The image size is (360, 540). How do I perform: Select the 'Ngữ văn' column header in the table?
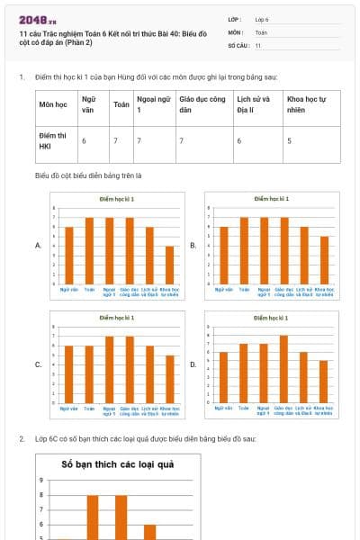[x=88, y=103]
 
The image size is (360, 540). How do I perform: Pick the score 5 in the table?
[x=289, y=141]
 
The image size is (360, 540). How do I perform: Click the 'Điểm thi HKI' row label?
[x=48, y=140]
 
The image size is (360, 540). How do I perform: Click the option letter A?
[x=37, y=245]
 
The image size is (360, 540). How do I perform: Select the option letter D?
[x=193, y=364]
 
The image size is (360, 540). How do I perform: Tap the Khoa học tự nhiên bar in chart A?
[x=169, y=265]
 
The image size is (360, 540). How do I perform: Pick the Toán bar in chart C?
[x=89, y=374]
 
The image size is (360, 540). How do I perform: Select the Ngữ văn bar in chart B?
[x=225, y=255]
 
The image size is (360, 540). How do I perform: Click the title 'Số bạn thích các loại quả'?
[x=117, y=465]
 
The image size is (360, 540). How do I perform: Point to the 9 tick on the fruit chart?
[x=40, y=481]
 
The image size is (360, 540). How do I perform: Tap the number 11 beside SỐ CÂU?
[x=258, y=44]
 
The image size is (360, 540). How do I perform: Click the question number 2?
[x=22, y=438]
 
